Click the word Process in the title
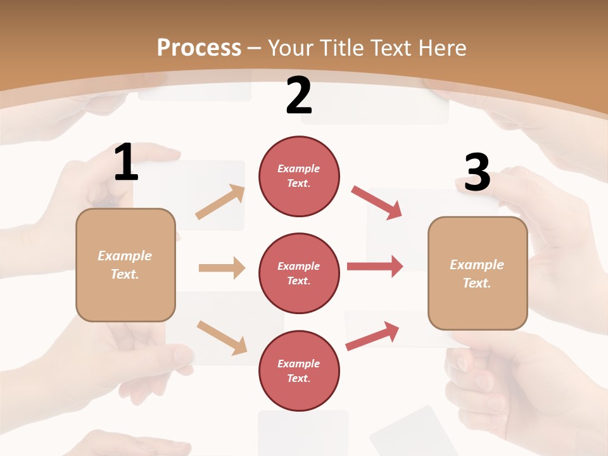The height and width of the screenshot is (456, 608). coord(199,47)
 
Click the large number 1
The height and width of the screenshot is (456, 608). coord(126,162)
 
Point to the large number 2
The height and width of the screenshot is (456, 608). coord(299,96)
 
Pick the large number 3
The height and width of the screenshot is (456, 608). coord(477,173)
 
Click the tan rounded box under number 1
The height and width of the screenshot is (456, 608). coord(125,265)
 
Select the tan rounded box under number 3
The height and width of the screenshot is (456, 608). coord(478,274)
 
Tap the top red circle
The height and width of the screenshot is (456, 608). coord(299,176)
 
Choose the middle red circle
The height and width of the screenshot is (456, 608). coord(299,273)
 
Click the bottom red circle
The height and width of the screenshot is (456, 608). coord(299,370)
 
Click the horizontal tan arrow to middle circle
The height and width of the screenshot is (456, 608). coord(222,268)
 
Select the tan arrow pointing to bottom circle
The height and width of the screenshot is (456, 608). coord(222,338)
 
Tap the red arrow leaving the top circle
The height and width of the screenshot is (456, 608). coord(377,203)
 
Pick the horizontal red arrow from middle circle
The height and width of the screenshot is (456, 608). coord(375,266)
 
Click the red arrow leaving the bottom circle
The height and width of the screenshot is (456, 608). coord(372,336)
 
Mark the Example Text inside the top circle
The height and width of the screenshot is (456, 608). coord(299,176)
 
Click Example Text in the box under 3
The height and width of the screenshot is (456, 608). coord(477,274)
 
